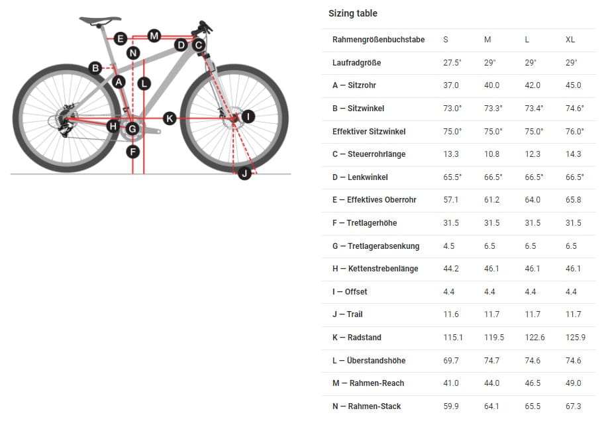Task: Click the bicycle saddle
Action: (100, 20)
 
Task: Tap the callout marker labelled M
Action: (154, 36)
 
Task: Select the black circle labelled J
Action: (244, 173)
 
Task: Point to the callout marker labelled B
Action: (95, 68)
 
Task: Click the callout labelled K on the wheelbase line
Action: (170, 118)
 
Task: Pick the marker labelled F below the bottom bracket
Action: (133, 152)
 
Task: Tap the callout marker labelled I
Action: (248, 116)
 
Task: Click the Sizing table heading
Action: (352, 13)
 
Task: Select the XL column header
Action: (570, 40)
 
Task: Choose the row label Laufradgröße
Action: (356, 63)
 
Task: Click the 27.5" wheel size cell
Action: (452, 63)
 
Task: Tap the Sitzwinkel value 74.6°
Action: (575, 109)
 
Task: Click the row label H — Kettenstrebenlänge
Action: (375, 269)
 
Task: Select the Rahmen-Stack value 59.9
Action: (450, 406)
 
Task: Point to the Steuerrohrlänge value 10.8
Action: (491, 154)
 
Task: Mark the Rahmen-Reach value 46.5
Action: (532, 383)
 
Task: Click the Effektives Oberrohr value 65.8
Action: (573, 200)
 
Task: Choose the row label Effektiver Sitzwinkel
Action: (369, 131)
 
